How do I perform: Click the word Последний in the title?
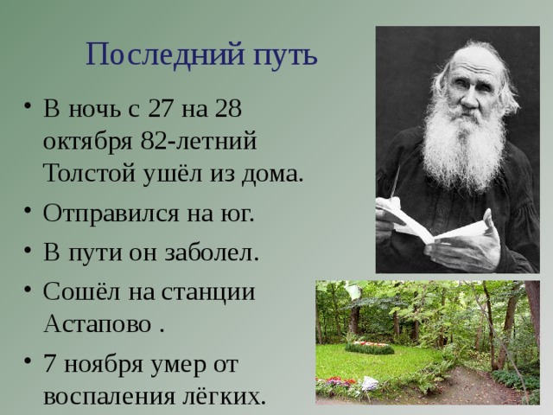[165, 54]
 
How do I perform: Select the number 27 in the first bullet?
[160, 108]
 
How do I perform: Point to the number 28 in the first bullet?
[229, 108]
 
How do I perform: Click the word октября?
[87, 143]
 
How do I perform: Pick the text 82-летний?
[198, 141]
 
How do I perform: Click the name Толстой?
[90, 173]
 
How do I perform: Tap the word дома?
[272, 175]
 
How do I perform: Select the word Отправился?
[111, 214]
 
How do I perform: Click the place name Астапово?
[98, 322]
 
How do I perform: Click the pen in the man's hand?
[395, 182]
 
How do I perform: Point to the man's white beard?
[465, 148]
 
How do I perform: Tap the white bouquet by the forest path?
[369, 383]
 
